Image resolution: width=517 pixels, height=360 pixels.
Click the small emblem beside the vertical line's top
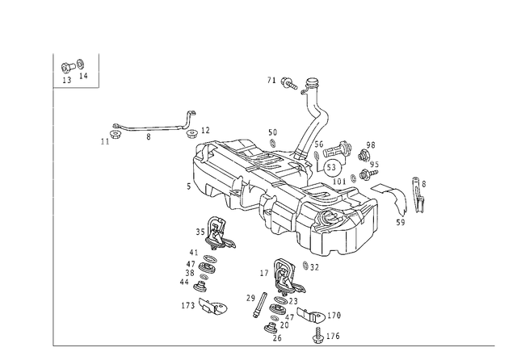click(x=73, y=70)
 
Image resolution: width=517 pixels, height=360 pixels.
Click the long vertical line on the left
click(x=54, y=202)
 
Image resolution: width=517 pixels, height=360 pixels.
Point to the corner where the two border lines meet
click(x=54, y=345)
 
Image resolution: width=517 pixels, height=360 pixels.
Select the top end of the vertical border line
click(x=54, y=53)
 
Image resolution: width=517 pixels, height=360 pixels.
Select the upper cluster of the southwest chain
click(x=216, y=234)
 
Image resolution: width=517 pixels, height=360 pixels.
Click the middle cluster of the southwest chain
click(x=200, y=270)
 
